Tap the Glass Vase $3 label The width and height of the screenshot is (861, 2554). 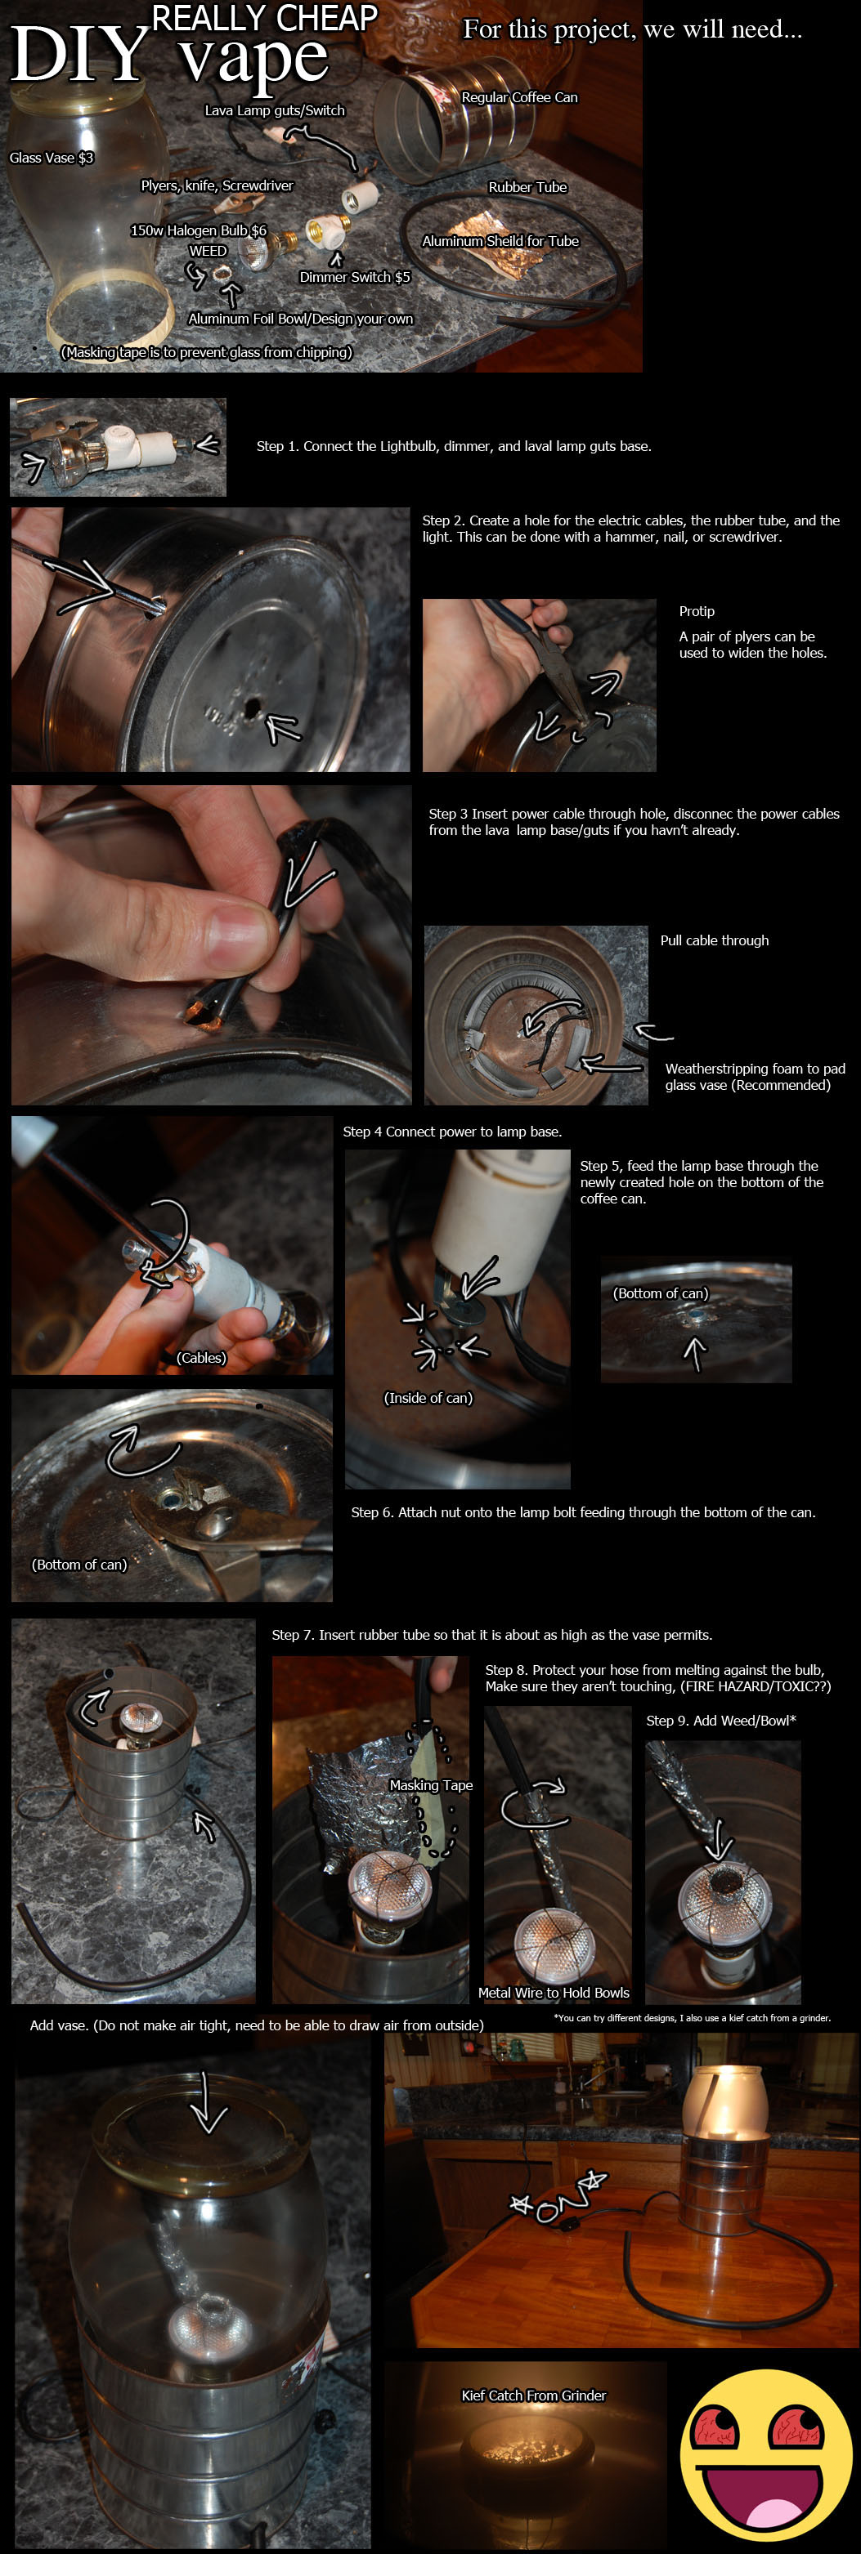click(x=52, y=158)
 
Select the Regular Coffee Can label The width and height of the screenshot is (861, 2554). click(x=518, y=97)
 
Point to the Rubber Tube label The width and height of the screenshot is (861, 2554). click(x=527, y=187)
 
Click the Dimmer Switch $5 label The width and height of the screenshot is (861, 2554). click(x=354, y=277)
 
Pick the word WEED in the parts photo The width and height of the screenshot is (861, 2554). click(x=209, y=251)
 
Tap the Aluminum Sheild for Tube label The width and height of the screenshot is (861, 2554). click(x=500, y=241)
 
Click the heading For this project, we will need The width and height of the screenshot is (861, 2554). click(x=633, y=29)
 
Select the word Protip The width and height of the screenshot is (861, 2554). click(x=697, y=612)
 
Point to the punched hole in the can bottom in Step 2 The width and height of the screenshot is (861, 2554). click(x=251, y=708)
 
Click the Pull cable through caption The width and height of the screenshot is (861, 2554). click(x=714, y=940)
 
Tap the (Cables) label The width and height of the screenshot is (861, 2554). click(x=201, y=1357)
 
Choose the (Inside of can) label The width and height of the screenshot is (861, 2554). click(x=428, y=1398)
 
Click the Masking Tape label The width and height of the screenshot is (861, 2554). click(x=430, y=1784)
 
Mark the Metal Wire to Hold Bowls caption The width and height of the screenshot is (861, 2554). click(x=554, y=1993)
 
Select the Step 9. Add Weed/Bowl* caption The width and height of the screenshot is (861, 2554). click(x=721, y=1720)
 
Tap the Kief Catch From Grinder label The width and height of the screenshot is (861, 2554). click(x=534, y=2395)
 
